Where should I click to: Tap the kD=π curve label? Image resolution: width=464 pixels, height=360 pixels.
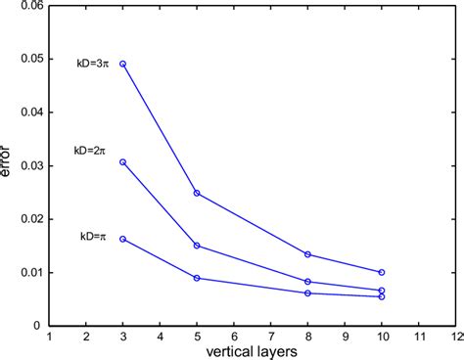click(x=95, y=237)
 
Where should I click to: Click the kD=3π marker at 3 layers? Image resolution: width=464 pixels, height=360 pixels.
click(x=122, y=64)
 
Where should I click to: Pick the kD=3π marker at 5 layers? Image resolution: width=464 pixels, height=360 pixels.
click(x=197, y=193)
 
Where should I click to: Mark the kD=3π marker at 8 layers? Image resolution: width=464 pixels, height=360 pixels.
click(x=307, y=254)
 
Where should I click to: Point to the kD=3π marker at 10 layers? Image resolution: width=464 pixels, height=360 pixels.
click(x=381, y=272)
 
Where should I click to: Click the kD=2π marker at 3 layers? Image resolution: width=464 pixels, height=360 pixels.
click(x=122, y=161)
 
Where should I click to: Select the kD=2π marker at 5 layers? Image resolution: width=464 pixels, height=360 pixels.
click(x=197, y=246)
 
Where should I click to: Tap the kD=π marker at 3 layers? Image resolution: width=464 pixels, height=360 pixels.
click(x=122, y=239)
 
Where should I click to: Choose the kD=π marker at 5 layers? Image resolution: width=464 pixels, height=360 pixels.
click(x=197, y=278)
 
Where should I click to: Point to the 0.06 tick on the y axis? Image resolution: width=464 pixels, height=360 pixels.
click(x=33, y=6)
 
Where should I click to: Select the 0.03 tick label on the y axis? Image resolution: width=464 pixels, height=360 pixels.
click(x=33, y=165)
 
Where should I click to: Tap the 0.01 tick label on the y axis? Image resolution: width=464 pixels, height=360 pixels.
click(x=33, y=272)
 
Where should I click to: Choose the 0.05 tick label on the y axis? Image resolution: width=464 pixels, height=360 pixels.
click(x=33, y=59)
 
